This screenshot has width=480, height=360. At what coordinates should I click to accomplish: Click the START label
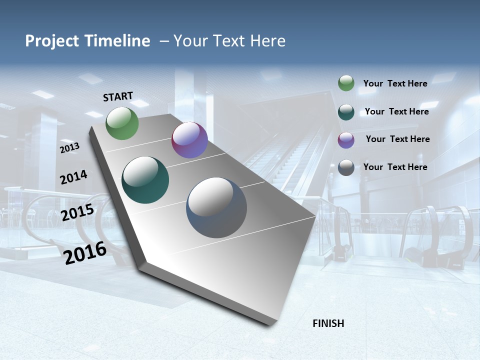click(118, 96)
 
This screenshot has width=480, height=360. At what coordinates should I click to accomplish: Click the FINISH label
click(328, 323)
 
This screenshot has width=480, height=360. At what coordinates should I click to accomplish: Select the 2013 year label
click(70, 148)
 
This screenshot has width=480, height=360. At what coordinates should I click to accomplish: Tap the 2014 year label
click(73, 177)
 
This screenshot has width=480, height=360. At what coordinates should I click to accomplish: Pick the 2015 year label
click(77, 212)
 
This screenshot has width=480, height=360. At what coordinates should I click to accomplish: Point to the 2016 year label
click(85, 252)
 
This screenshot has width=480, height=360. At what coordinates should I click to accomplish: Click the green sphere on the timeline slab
click(122, 123)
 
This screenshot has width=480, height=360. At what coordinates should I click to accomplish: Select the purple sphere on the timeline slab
click(189, 140)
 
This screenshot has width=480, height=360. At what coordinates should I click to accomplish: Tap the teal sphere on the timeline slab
click(145, 180)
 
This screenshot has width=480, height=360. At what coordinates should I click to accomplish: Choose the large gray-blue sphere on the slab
click(216, 207)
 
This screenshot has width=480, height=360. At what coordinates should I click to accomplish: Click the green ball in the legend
click(346, 83)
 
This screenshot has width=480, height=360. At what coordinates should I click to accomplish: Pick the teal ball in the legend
click(346, 112)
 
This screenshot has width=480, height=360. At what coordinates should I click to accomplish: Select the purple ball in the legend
click(346, 140)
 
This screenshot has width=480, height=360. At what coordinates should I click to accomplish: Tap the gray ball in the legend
click(346, 167)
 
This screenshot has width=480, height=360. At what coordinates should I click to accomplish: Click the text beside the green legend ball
click(395, 83)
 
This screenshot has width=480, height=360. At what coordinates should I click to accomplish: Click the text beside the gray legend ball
click(395, 167)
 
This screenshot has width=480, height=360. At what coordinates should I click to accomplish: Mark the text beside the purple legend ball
click(397, 139)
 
